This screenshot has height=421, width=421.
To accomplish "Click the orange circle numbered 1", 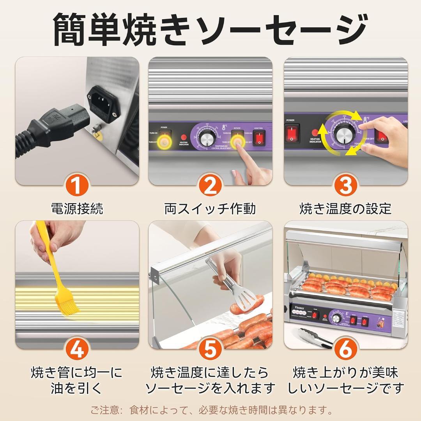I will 77,186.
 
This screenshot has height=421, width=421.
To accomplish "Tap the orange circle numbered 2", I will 210,186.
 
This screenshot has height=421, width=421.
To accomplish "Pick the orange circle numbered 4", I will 77,349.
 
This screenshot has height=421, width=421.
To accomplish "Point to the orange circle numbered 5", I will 210,349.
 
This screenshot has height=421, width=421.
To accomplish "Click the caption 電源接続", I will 77,209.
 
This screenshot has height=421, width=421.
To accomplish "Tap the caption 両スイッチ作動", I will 210,209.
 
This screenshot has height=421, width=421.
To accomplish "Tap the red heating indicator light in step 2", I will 183,137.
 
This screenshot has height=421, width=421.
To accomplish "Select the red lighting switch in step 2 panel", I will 259,138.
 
